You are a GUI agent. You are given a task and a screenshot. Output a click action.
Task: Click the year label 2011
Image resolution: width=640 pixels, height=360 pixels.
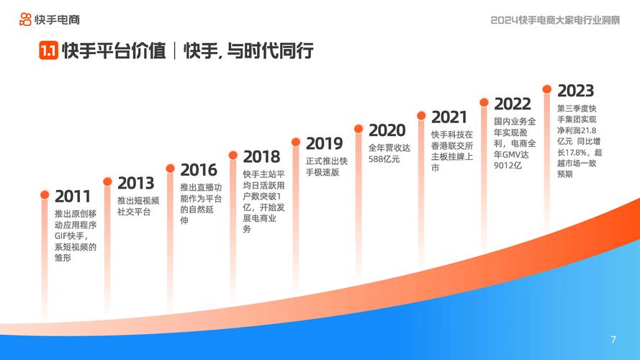[73, 196]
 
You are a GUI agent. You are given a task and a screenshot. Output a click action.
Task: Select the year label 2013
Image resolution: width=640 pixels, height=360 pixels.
[136, 183]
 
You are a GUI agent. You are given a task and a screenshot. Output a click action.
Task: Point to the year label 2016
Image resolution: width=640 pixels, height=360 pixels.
[199, 170]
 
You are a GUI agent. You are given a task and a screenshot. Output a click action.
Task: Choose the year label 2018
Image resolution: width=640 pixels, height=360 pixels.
[261, 156]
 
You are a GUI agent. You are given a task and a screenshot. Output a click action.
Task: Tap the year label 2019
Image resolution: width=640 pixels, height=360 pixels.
[324, 143]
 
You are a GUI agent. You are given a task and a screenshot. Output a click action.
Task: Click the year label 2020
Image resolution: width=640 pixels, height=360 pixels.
[387, 130]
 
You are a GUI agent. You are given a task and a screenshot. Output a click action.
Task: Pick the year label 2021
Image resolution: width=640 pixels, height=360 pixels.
[450, 117]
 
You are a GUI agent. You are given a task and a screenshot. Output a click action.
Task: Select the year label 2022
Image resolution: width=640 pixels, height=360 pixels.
[513, 104]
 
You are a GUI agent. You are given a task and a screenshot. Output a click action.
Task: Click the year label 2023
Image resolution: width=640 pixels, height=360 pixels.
[575, 91]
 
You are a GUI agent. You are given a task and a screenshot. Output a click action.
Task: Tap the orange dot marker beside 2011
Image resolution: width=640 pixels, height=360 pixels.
[45, 195]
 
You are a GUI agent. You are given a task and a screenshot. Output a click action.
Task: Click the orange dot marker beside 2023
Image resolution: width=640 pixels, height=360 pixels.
[547, 89]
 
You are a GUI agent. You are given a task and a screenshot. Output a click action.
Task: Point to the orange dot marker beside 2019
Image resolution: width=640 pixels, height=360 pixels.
[296, 142]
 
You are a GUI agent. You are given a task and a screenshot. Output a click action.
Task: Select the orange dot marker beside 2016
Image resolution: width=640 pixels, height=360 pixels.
[171, 168]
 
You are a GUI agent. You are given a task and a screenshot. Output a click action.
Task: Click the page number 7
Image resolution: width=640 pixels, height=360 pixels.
[613, 339]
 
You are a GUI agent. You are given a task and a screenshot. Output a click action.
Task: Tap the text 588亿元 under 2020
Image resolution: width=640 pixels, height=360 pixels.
[384, 159]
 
